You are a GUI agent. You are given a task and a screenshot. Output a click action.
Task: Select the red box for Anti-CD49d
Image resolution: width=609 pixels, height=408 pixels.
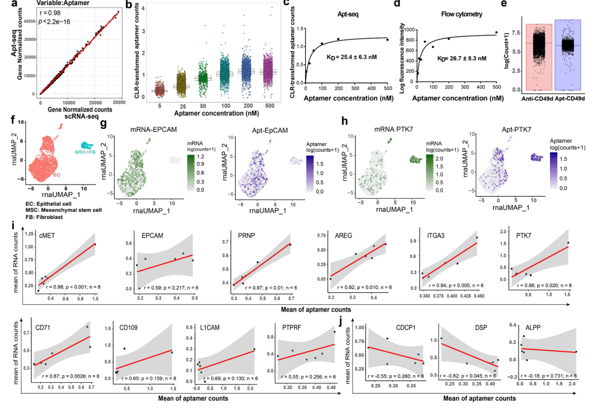coord(539,57)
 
